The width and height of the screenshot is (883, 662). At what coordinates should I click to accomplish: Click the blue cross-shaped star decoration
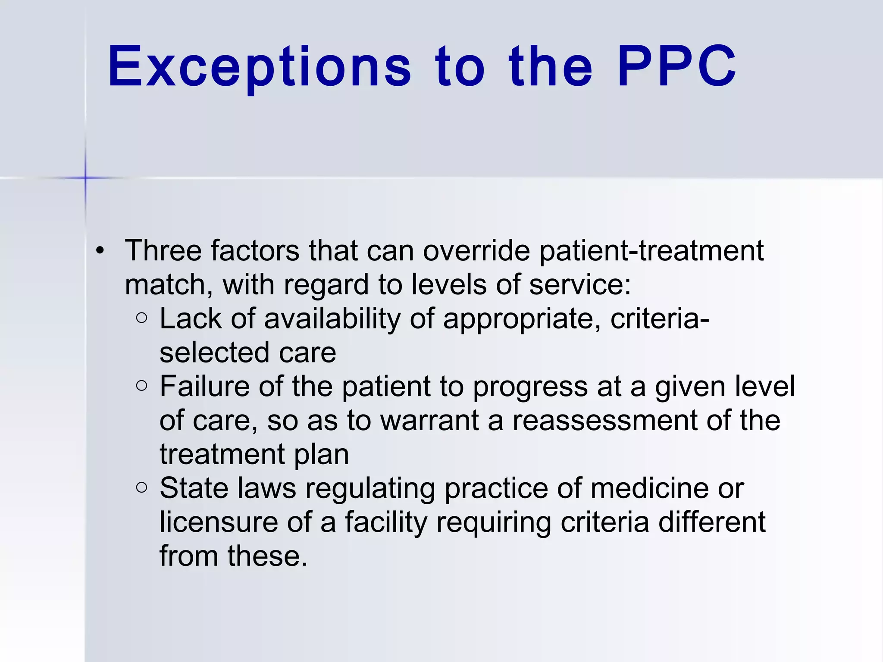(85, 178)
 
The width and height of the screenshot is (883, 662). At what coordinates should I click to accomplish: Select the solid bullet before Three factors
(100, 250)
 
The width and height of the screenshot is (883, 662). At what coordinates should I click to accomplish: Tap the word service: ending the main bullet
(580, 284)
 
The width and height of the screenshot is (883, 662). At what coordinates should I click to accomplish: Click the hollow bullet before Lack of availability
(141, 318)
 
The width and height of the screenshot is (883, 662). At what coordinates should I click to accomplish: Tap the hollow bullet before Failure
(141, 386)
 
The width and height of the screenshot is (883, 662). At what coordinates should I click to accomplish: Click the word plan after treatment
(321, 455)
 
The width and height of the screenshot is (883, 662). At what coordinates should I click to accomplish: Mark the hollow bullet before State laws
(141, 487)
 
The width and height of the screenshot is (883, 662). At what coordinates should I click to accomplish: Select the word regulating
(370, 489)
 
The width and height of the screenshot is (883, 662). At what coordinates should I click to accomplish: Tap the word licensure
(219, 522)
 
